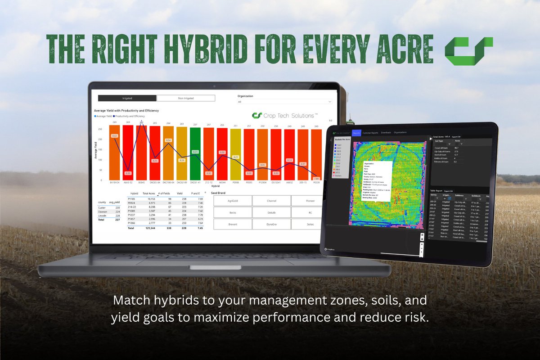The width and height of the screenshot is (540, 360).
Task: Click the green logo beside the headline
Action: pos(468,49)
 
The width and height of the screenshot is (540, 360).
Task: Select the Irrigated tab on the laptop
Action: pos(127,98)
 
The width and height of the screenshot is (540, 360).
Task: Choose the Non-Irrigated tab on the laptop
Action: pos(185,98)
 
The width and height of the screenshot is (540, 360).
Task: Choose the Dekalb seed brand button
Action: pos(271,212)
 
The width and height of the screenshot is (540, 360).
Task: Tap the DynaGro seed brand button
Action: pos(271,224)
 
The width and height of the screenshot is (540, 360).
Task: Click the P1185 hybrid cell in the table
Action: pos(133,198)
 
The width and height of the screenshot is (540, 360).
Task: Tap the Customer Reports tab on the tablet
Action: pos(371,133)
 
